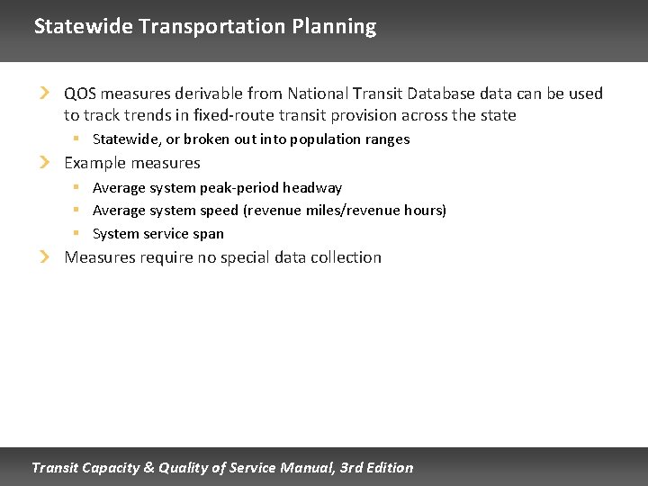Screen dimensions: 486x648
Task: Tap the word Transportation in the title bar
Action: click(212, 27)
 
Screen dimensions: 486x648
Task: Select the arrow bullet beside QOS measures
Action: click(45, 94)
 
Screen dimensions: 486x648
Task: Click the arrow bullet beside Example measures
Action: click(45, 163)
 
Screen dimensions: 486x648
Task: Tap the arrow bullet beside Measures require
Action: click(45, 257)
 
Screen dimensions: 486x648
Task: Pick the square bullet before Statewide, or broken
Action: click(77, 139)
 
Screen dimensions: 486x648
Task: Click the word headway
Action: click(312, 188)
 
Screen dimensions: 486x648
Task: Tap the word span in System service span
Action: click(208, 234)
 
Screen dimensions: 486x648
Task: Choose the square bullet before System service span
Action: click(77, 233)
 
